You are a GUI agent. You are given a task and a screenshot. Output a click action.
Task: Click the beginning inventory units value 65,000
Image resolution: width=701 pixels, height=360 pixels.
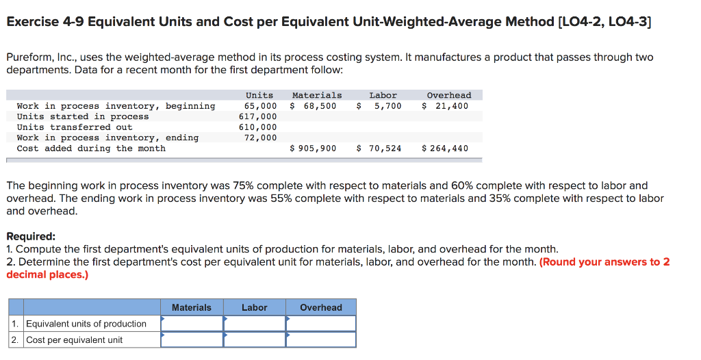coord(261,106)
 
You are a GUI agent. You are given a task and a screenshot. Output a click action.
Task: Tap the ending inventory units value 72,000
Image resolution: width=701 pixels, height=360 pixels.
coord(261,138)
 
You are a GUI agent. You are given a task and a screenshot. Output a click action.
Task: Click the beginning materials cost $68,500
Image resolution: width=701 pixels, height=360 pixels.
coord(314,106)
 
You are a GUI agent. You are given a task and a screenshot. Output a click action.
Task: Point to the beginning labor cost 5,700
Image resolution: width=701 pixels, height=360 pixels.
coord(387,106)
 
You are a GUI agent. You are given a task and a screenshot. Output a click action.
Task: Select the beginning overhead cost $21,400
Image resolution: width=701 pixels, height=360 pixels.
coord(446,106)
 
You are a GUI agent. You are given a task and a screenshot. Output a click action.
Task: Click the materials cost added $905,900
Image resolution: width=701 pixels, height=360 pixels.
coord(314,149)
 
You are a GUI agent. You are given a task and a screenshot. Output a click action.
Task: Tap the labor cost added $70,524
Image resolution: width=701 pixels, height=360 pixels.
coord(379,149)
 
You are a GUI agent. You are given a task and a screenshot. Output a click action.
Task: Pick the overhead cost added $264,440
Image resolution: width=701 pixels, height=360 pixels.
coord(446,149)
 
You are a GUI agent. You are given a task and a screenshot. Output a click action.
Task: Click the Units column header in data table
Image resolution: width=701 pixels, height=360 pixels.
coord(259,95)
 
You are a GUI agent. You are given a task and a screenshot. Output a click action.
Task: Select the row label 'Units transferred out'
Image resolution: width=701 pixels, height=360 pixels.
coord(75,127)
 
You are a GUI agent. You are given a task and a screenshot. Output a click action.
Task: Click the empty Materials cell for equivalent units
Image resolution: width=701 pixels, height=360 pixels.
coord(192,324)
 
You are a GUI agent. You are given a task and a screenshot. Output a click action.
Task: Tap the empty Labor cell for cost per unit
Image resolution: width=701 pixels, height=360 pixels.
coord(255,339)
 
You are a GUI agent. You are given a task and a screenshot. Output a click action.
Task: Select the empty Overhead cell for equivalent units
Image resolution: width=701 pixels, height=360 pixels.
coord(321,324)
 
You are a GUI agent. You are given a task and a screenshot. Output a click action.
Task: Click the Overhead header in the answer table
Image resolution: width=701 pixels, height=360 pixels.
coord(321,307)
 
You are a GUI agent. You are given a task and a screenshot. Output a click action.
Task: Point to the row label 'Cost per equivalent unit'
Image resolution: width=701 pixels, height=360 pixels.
coord(75,340)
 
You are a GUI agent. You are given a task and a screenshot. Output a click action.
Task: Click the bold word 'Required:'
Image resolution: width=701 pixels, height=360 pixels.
coord(31,237)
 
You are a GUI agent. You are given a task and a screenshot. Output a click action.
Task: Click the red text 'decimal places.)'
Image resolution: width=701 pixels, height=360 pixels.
coord(47,274)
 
